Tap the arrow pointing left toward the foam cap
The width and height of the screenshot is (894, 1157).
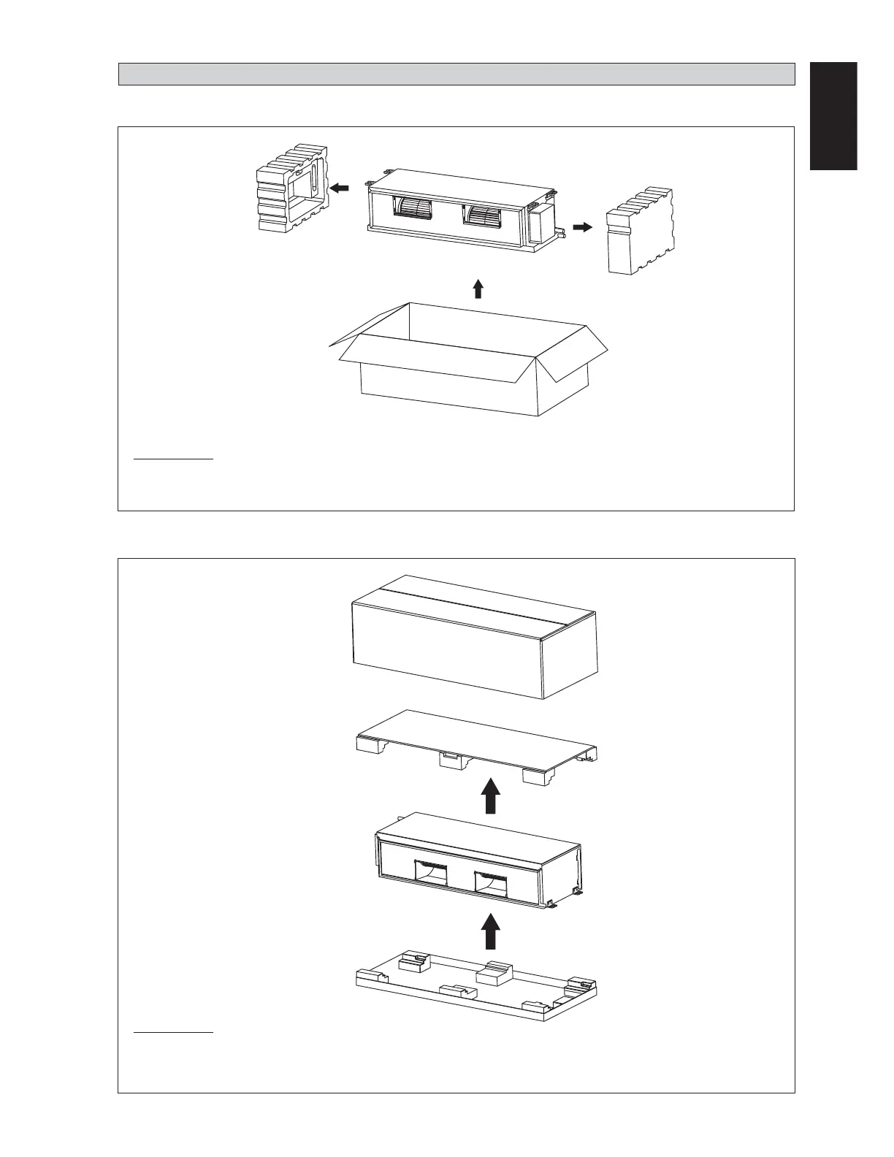[340, 188]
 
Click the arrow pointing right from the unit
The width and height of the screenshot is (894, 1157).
[582, 227]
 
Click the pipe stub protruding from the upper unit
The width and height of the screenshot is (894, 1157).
[562, 234]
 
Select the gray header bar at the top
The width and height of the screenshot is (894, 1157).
[456, 74]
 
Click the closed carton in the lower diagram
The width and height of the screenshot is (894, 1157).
[475, 635]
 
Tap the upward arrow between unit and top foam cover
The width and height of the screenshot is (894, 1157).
[492, 795]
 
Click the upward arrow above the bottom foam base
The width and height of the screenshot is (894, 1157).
[492, 929]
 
